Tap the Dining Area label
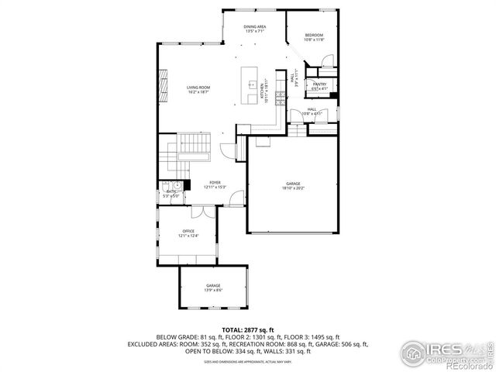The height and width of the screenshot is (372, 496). tap(255, 27)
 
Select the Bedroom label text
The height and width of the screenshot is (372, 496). tap(314, 36)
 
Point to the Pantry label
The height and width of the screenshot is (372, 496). tap(319, 84)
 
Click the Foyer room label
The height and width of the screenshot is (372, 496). tap(215, 184)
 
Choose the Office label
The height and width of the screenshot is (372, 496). tap(188, 232)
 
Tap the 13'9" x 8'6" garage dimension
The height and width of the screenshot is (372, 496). tap(213, 291)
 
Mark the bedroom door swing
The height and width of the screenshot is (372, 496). tap(328, 60)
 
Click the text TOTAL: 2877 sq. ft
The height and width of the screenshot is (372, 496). tap(248, 330)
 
